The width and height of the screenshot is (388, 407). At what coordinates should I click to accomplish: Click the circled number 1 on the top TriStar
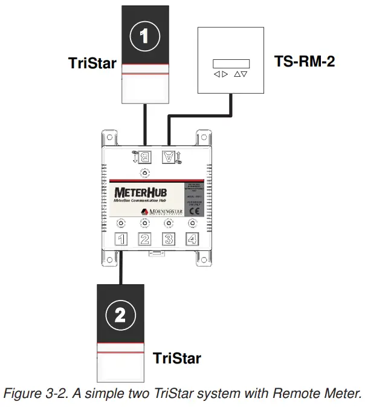144,36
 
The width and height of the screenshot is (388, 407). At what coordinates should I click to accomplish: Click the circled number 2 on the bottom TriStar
120,314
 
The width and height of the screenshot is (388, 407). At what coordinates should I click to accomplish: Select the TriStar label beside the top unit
92,63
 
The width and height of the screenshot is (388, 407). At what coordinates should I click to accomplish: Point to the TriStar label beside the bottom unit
177,358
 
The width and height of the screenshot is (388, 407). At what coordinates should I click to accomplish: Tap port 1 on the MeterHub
121,239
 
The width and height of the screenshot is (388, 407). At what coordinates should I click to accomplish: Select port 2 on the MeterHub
145,239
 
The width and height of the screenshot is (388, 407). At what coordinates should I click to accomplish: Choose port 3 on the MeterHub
169,239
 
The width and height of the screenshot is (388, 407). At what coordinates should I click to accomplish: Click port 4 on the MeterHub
192,239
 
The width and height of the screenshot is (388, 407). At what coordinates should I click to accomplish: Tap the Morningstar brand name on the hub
164,212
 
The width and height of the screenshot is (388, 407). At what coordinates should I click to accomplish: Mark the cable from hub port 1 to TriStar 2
121,266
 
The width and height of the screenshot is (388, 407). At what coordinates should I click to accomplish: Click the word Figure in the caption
21,394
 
